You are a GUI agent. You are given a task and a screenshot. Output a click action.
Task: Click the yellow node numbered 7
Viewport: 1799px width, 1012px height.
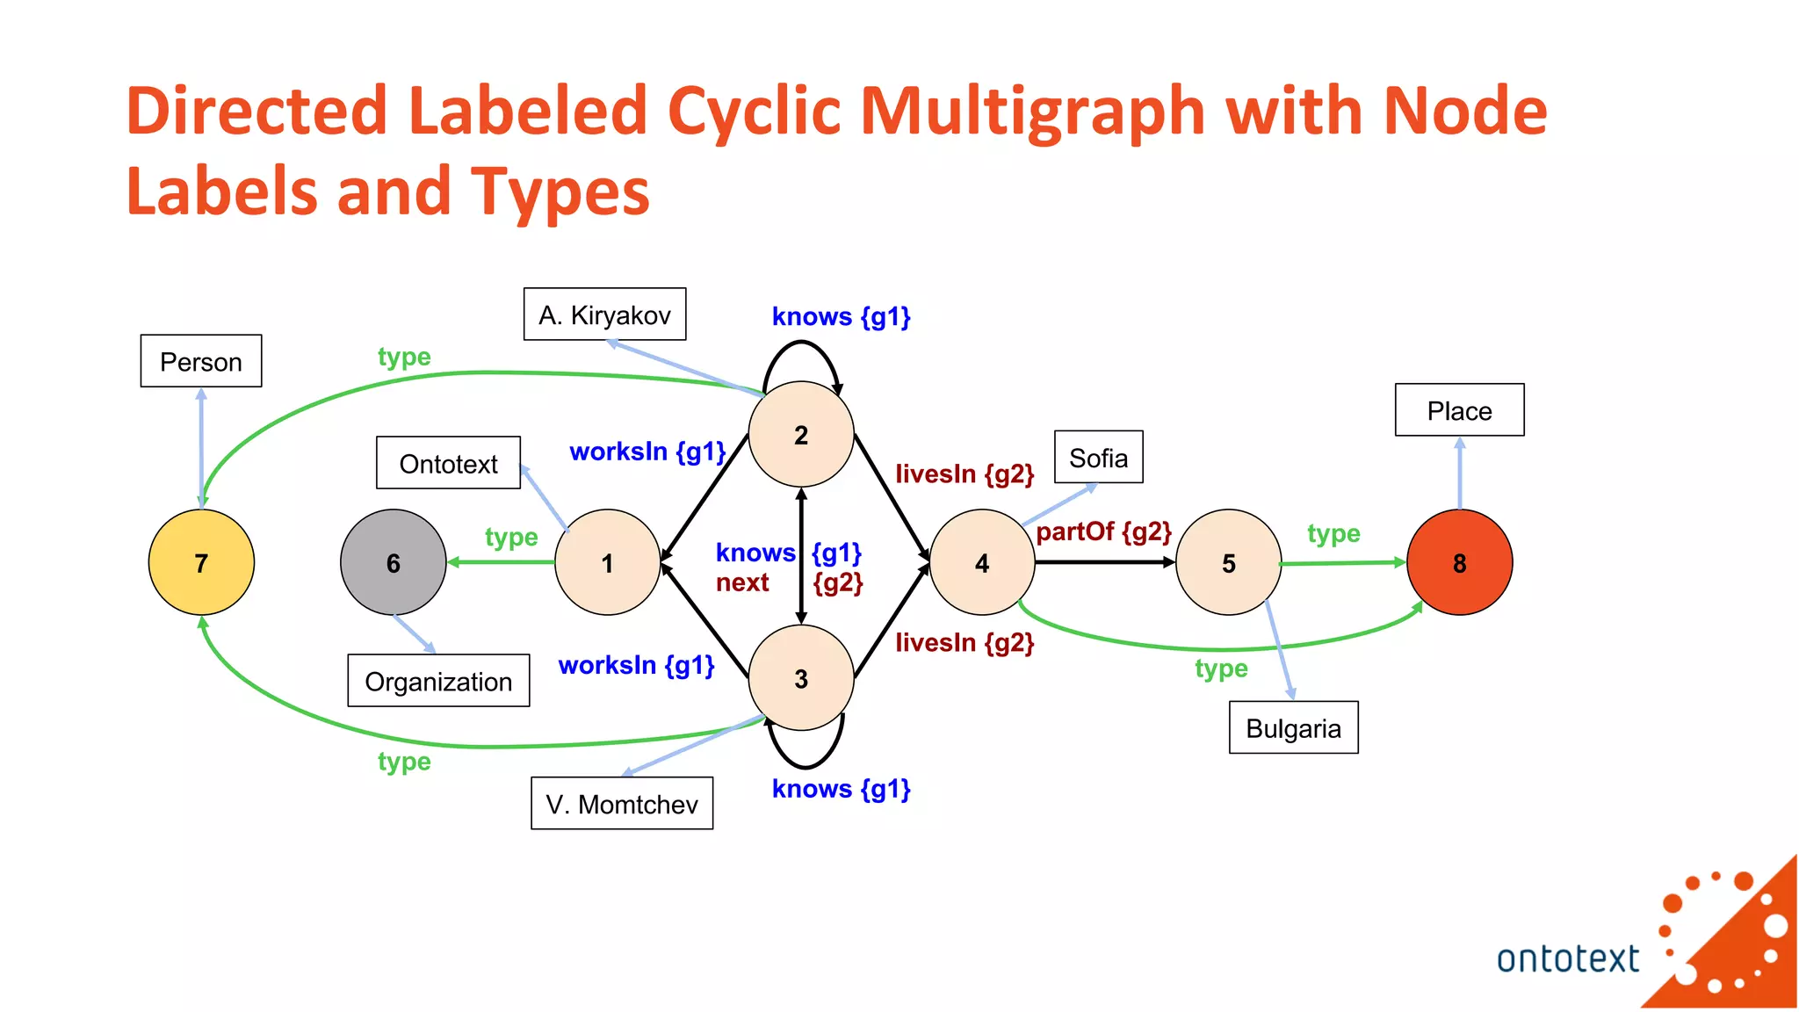(x=201, y=562)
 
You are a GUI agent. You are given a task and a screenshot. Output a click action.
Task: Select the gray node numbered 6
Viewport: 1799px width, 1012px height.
(x=393, y=562)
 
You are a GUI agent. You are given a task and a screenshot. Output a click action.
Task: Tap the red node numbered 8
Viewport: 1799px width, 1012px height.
(x=1459, y=562)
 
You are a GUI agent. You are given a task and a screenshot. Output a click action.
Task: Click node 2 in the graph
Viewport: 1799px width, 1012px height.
(x=800, y=434)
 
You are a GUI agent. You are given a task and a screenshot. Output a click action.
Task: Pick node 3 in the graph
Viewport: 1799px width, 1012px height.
(x=800, y=677)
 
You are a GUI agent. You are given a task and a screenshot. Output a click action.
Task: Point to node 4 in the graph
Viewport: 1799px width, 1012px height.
(x=981, y=562)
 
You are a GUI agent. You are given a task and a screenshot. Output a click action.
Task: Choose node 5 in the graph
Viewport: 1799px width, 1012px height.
(x=1228, y=562)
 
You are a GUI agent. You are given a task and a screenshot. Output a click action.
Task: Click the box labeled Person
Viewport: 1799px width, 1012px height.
(x=201, y=361)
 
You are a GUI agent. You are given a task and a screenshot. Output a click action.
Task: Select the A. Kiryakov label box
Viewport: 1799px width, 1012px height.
(x=604, y=314)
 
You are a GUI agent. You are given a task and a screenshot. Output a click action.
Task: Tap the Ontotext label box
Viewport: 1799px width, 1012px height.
(x=448, y=463)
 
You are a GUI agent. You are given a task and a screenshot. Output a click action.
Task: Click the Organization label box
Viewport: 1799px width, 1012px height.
(x=438, y=681)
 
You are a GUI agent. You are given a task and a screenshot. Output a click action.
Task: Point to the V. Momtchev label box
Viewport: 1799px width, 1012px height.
(x=622, y=803)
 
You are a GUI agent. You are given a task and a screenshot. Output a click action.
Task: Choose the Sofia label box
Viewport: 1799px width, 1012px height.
(x=1098, y=457)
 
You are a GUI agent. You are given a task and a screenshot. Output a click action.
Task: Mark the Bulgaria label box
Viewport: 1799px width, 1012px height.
(x=1293, y=727)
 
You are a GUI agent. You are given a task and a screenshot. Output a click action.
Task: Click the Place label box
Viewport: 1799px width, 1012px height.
(x=1459, y=410)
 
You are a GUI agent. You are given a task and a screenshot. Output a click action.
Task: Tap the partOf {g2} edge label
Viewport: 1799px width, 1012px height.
(x=1103, y=531)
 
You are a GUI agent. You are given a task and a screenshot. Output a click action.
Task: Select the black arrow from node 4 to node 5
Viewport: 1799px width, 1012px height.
(x=1105, y=562)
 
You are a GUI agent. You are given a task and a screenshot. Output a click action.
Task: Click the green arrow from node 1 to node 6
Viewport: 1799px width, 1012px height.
(x=501, y=562)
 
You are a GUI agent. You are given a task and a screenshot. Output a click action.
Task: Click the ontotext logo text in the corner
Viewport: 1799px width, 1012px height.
(x=1567, y=958)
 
